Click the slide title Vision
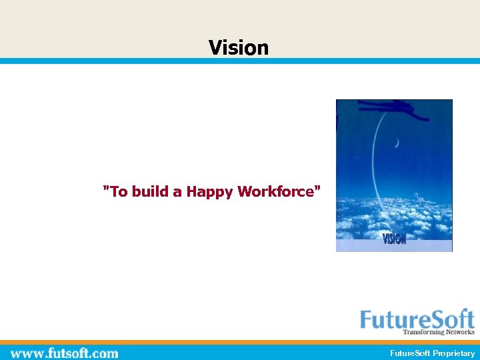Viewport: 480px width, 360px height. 239,47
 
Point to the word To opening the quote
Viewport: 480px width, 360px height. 118,192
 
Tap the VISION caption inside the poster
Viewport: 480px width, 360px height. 394,238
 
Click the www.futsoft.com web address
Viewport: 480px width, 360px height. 65,353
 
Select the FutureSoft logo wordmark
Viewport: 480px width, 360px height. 417,319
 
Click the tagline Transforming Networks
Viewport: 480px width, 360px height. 439,332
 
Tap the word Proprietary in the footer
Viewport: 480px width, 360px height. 454,353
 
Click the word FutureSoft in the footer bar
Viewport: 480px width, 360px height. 410,353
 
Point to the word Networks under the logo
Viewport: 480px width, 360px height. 459,332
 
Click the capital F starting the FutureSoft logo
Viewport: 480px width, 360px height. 367,319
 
